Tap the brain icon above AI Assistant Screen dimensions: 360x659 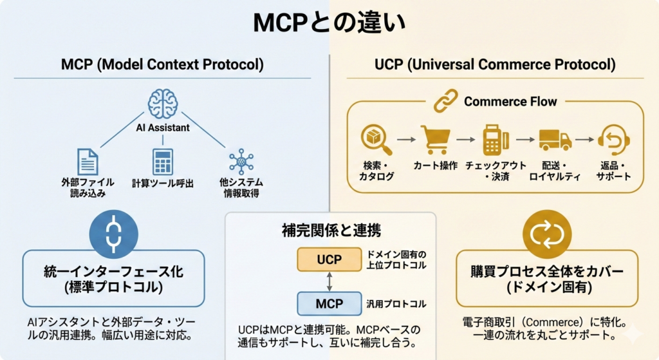point(162,103)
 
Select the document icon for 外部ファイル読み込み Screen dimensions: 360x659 point(88,161)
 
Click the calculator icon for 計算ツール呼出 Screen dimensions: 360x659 point(162,161)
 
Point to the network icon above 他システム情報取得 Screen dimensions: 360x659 point(241,161)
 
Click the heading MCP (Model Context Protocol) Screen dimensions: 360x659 point(162,65)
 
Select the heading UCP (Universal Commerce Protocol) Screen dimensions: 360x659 point(495,65)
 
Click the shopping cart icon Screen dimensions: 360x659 point(435,140)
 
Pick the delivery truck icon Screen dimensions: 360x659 point(555,140)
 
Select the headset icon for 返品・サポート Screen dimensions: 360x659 point(613,140)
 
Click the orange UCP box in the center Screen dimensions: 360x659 point(329,260)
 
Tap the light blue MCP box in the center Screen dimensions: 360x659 point(329,303)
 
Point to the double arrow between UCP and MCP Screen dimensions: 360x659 point(329,281)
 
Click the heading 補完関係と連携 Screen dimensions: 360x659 point(329,230)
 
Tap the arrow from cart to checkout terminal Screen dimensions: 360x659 point(466,139)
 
